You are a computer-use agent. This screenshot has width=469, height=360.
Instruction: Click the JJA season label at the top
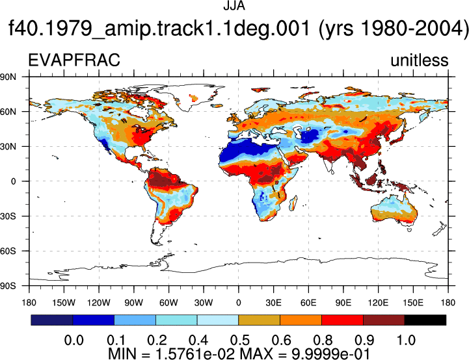point(234,6)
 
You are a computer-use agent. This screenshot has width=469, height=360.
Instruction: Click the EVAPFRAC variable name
point(74,60)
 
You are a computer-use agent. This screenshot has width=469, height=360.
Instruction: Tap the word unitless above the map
point(420,60)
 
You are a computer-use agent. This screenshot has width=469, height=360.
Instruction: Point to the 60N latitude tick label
point(8,112)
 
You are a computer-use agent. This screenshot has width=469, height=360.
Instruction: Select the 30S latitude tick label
point(8,216)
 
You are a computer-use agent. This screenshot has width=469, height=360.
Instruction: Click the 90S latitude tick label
point(8,286)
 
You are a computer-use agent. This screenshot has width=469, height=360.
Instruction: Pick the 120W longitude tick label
point(99,303)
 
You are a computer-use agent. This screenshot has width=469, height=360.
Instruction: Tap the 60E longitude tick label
point(308,303)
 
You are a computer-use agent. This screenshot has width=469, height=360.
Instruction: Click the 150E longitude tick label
point(413,303)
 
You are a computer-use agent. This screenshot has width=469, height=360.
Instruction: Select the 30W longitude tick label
point(204,303)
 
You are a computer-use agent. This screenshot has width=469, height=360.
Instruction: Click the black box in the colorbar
point(425,320)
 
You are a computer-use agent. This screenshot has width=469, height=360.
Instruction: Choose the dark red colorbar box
point(384,320)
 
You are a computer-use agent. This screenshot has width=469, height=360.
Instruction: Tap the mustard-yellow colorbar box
point(259,320)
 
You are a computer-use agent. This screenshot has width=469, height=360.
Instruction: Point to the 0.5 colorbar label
point(240,341)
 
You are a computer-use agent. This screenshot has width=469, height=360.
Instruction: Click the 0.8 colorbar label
point(323,341)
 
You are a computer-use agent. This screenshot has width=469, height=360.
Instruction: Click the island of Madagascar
point(293,203)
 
